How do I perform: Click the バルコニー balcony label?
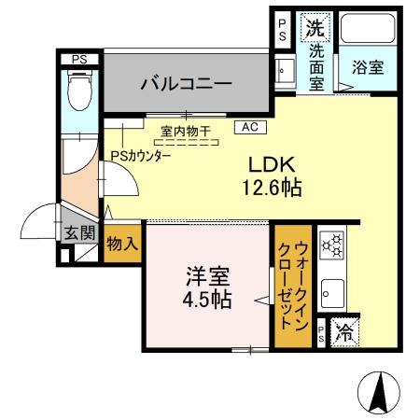187,84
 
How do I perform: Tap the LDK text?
265,163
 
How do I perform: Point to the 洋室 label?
206,277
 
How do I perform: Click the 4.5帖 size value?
206,301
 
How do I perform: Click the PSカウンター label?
140,157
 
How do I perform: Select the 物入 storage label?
122,243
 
